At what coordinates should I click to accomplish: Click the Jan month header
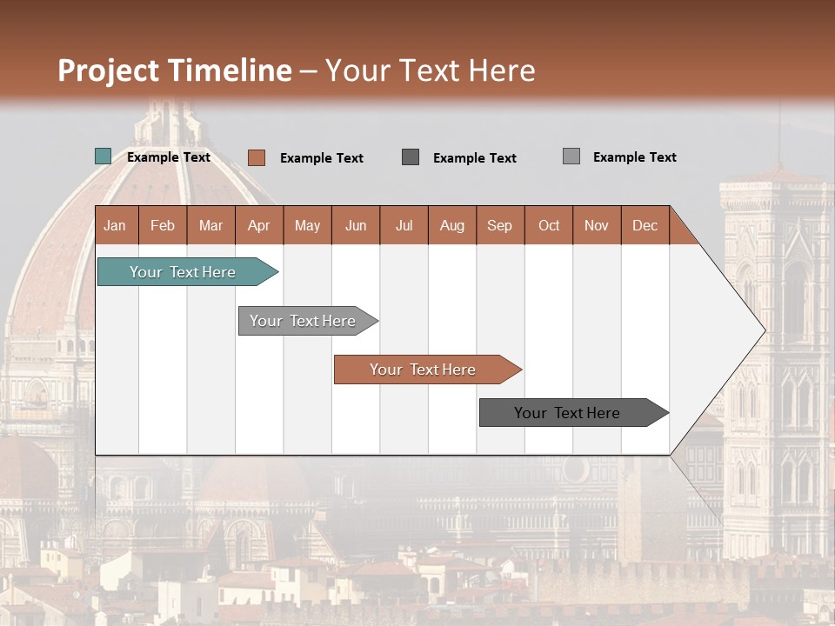point(115,225)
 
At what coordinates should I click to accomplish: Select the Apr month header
point(258,225)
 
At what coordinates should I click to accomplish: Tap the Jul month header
point(404,225)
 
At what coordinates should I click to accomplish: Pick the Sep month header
point(499,225)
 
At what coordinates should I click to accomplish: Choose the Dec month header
point(645,225)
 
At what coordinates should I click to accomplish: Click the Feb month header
point(163,225)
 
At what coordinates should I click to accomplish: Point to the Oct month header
point(549,225)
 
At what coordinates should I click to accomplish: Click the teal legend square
point(104,156)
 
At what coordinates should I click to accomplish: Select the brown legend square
point(257,157)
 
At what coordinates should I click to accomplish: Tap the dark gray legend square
point(411,157)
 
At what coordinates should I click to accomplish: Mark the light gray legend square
point(571,156)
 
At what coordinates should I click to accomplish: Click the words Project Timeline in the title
point(175,70)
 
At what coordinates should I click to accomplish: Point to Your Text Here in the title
point(431,70)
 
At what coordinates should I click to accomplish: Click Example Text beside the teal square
point(169,157)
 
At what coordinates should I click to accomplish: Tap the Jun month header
point(356,225)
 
